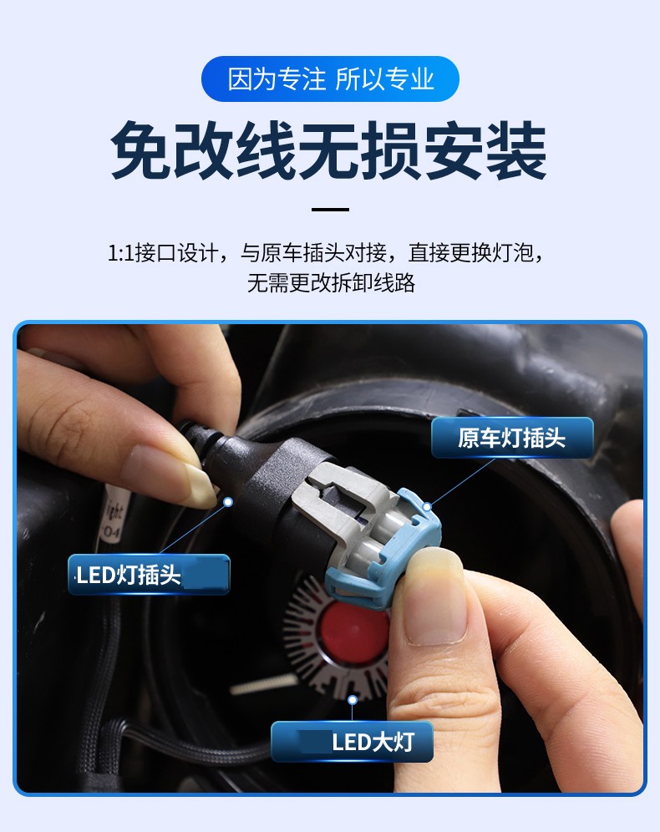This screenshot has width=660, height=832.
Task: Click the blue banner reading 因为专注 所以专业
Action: point(330,79)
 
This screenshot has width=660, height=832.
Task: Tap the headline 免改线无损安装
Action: point(329,152)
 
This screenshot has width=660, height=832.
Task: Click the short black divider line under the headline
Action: point(330,209)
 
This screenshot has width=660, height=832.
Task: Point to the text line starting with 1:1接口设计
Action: point(330,252)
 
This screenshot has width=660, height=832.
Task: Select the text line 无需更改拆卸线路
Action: point(330,282)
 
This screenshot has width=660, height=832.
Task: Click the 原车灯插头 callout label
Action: point(511,439)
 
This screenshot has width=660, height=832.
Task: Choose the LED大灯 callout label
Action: point(352,742)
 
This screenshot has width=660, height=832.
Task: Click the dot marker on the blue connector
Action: point(427,505)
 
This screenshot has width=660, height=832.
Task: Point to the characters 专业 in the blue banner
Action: point(409,79)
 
